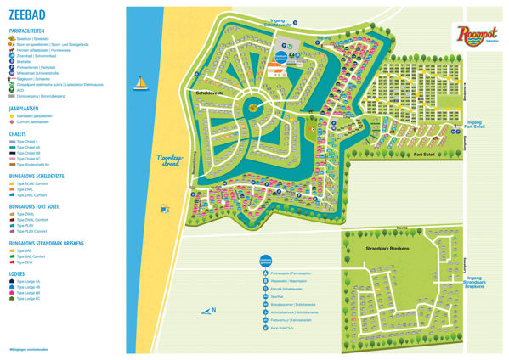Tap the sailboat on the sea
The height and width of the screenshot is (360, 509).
[139, 83]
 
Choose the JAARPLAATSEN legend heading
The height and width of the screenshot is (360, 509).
[26, 109]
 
